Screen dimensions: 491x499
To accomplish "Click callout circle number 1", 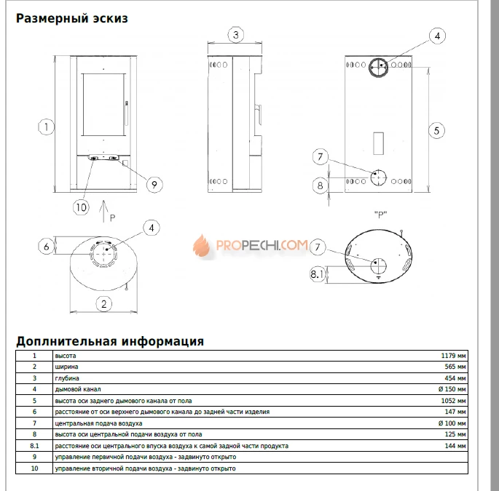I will (46, 126).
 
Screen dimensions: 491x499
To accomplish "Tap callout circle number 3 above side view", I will (235, 34).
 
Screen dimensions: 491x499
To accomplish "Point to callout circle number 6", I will (46, 246).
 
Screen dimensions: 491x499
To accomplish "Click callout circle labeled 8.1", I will (318, 274).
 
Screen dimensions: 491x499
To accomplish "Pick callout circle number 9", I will (152, 184).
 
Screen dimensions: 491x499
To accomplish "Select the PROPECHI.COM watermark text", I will (262, 246).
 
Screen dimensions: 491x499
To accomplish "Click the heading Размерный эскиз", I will (71, 18).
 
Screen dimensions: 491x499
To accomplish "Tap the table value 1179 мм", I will (453, 356).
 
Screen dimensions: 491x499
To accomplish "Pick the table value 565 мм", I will (455, 367).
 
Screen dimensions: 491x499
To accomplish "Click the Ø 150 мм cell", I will (452, 389).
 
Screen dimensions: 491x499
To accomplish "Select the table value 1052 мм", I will (453, 401).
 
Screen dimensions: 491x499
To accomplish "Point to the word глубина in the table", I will (67, 378).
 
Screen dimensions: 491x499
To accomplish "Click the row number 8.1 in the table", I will (34, 446).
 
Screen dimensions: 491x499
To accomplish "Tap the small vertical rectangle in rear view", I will (378, 143).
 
